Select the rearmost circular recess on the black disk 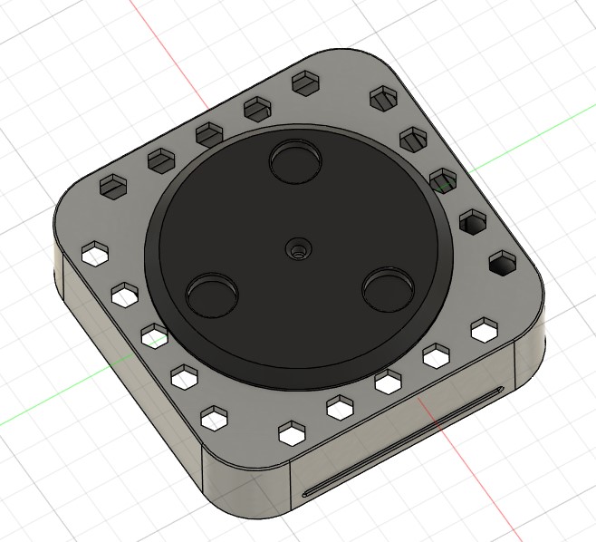coord(296,162)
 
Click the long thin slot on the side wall coord(404,442)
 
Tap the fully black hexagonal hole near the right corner coord(500,264)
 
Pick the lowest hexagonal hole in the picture coord(292,433)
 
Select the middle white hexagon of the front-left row coord(154,334)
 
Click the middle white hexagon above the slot coord(389,382)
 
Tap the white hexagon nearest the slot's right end coord(484,330)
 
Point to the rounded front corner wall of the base coord(245,489)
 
